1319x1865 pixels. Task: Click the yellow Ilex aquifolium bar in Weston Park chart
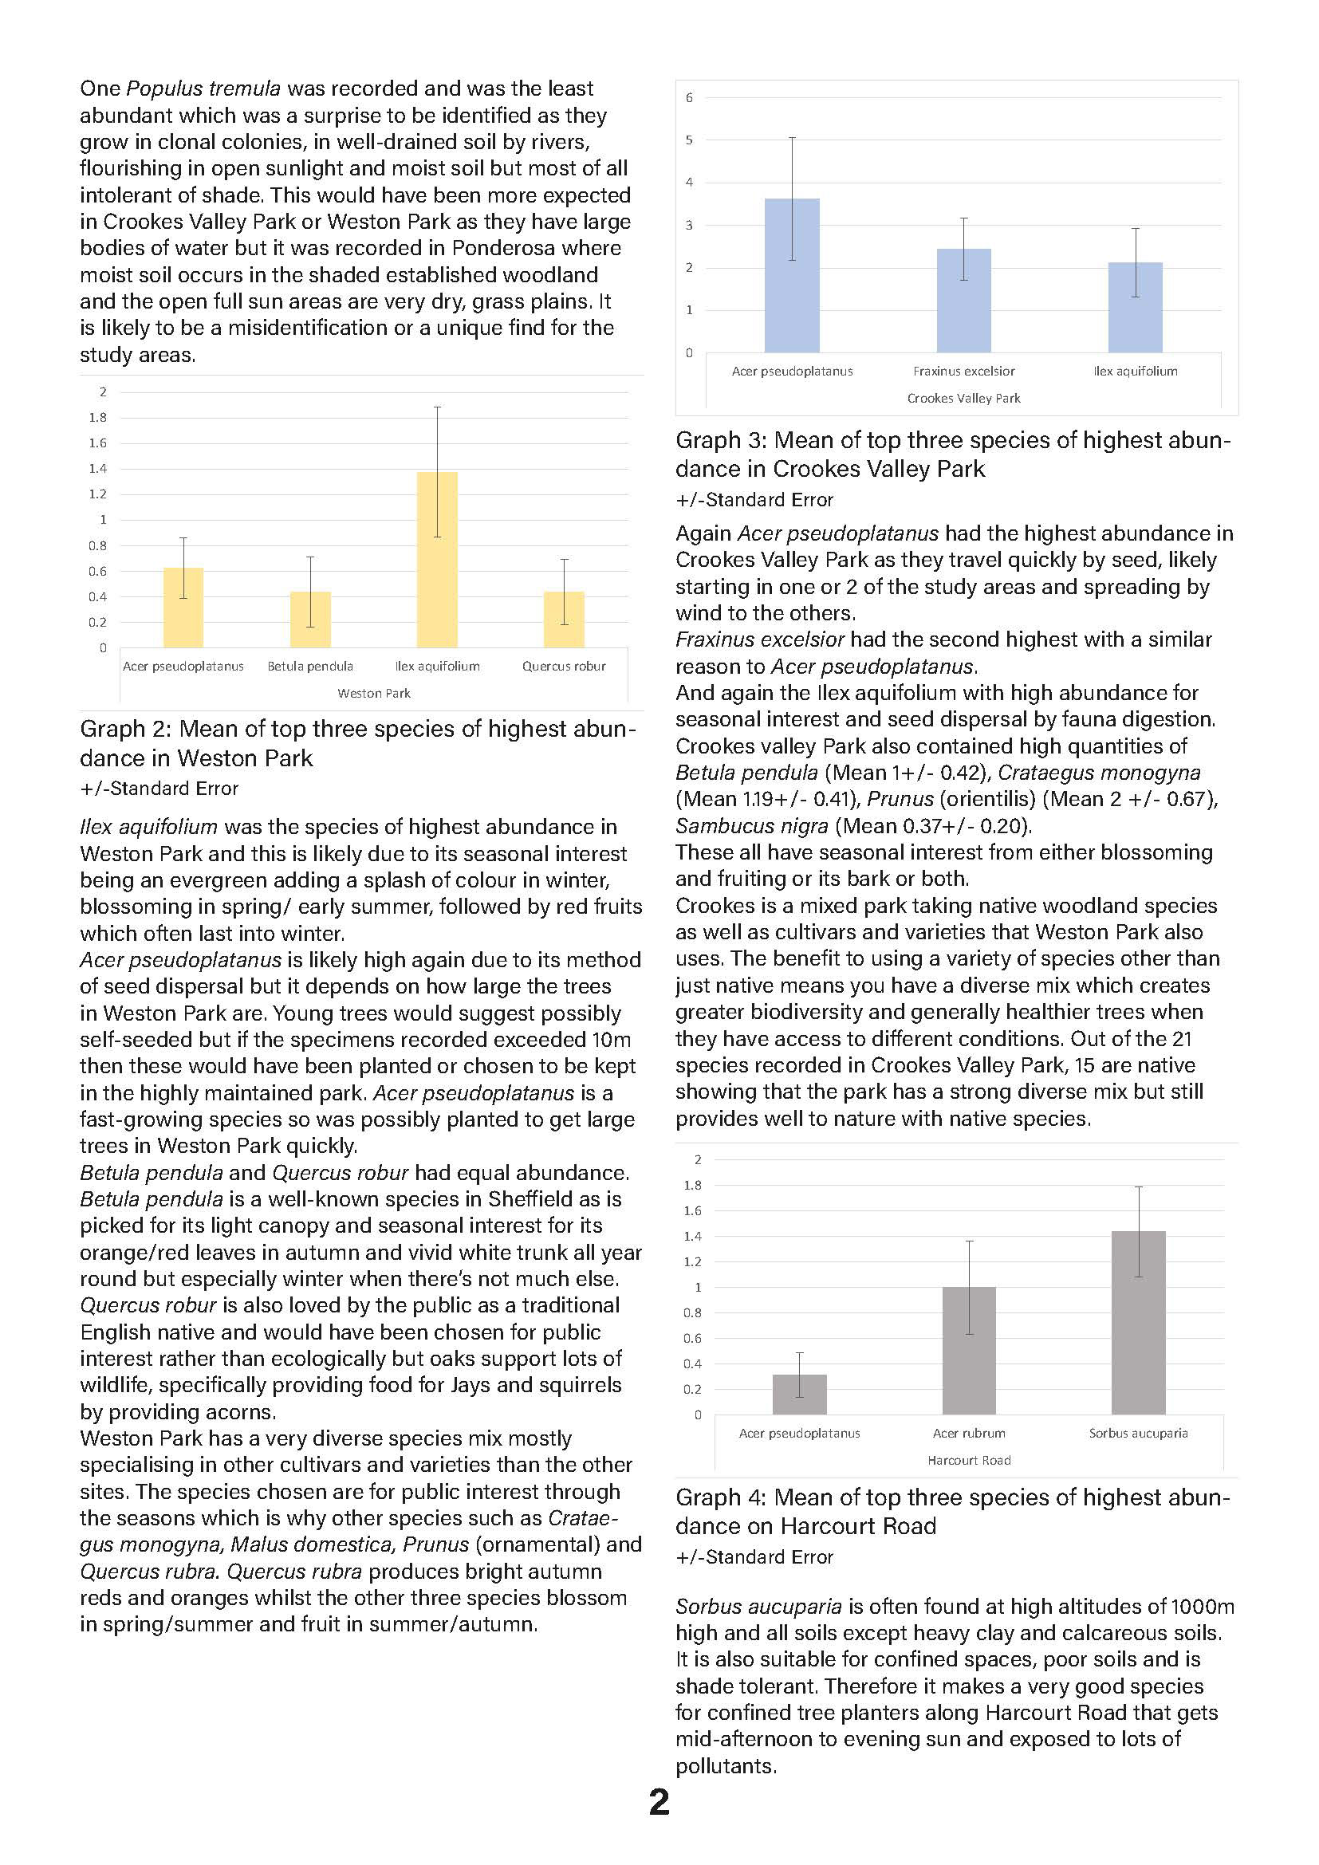437,561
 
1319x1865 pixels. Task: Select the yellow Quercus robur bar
564,620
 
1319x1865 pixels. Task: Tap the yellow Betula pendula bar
310,620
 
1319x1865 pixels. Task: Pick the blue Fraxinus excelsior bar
963,301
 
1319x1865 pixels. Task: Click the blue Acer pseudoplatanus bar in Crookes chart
792,276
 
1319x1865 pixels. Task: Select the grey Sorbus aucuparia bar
1138,1324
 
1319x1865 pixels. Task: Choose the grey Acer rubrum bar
969,1351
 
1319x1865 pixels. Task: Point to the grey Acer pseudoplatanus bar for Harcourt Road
799,1395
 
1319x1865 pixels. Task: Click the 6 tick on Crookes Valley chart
689,98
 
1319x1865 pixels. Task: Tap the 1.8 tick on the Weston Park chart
97,418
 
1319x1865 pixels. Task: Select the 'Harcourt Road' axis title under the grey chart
969,1461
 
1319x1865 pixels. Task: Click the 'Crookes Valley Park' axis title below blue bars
963,399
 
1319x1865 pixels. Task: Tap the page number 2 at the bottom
659,1802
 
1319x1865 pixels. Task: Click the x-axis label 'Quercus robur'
564,667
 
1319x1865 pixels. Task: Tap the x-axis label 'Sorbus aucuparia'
1138,1434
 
